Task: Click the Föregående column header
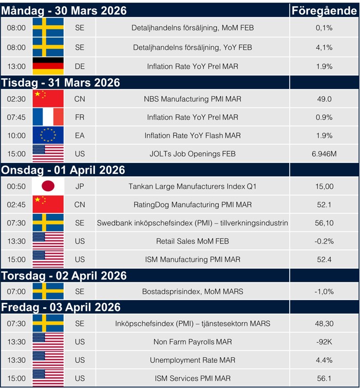(x=324, y=11)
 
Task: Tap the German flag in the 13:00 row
(x=48, y=66)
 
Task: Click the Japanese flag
(x=48, y=186)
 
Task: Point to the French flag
(x=48, y=117)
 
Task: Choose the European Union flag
(x=48, y=136)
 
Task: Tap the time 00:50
(x=16, y=186)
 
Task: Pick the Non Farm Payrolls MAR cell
(x=193, y=342)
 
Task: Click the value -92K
(x=324, y=342)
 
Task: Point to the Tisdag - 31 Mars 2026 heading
(x=61, y=83)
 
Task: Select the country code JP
(x=80, y=186)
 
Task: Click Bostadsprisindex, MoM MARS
(x=193, y=291)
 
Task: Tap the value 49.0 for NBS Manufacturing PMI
(x=324, y=99)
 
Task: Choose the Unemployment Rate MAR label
(x=193, y=360)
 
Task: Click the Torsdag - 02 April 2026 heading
(x=64, y=275)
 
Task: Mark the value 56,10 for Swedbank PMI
(x=324, y=223)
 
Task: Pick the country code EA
(x=80, y=136)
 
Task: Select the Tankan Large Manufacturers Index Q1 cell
(x=193, y=186)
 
